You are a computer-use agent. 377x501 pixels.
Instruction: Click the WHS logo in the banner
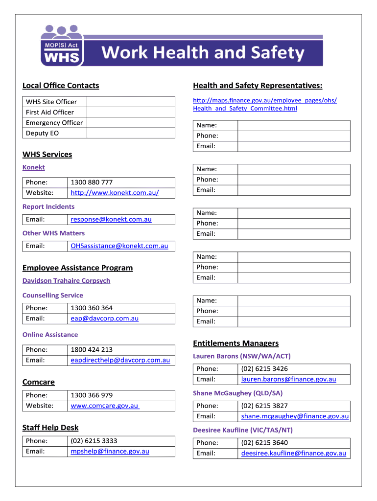click(61, 46)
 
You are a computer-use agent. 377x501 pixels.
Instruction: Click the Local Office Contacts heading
click(61, 86)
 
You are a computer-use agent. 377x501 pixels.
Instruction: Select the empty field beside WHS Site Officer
click(130, 102)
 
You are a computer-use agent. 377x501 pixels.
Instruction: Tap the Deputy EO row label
click(42, 133)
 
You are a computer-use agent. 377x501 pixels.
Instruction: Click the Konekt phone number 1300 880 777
click(92, 182)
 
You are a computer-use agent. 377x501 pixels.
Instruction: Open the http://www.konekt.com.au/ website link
click(115, 193)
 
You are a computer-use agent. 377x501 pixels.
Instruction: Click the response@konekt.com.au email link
click(111, 219)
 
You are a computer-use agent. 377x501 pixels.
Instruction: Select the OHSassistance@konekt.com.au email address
click(119, 246)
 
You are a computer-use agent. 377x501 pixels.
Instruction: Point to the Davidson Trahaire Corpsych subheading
click(66, 281)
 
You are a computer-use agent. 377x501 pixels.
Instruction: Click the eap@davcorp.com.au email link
click(104, 319)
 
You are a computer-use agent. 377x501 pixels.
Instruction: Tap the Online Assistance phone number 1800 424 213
click(92, 349)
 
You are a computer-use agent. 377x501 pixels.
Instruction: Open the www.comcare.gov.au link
click(105, 406)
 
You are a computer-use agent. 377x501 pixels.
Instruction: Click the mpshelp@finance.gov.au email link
click(110, 451)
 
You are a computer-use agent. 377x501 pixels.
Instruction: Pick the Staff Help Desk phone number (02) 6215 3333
click(94, 441)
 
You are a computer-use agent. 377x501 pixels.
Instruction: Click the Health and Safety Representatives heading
click(258, 86)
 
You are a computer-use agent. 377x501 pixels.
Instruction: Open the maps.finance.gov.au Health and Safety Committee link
click(265, 104)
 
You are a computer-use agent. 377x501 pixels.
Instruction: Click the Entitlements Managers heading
click(236, 343)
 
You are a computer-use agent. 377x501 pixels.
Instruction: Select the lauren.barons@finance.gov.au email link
click(288, 379)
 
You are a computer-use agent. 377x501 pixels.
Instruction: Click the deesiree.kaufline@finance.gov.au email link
click(293, 453)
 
